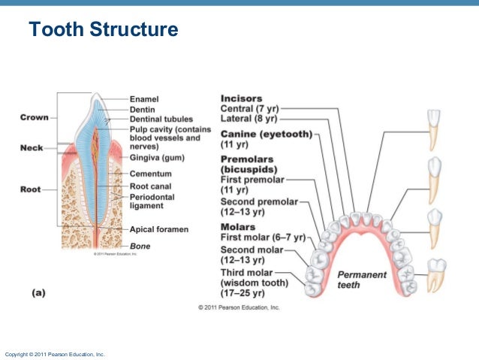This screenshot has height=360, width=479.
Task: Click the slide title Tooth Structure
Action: pyautogui.click(x=103, y=30)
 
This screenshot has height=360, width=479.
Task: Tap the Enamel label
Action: pyautogui.click(x=144, y=98)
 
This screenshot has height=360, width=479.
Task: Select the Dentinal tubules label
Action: pyautogui.click(x=161, y=119)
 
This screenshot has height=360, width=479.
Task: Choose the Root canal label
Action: pyautogui.click(x=150, y=186)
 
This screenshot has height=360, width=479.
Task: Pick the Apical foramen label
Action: pyautogui.click(x=158, y=228)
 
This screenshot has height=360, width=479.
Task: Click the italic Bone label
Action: pyautogui.click(x=140, y=246)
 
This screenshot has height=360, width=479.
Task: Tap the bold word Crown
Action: pyautogui.click(x=35, y=118)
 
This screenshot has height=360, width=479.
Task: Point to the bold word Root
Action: pyautogui.click(x=30, y=189)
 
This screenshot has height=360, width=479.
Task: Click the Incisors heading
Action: pyautogui.click(x=241, y=98)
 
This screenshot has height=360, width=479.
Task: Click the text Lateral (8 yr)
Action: pyautogui.click(x=249, y=119)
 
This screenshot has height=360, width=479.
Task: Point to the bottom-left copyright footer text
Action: pyautogui.click(x=55, y=353)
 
